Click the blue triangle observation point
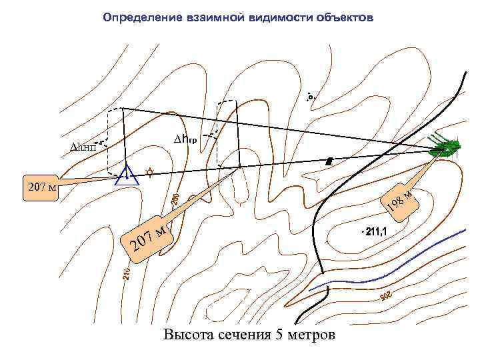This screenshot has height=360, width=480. [126, 176]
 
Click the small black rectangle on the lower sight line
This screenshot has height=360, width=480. [329, 161]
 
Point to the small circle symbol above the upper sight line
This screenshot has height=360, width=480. [310, 97]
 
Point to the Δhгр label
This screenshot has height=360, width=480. [195, 139]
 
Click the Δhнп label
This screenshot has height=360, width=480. [83, 147]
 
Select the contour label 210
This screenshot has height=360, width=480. [125, 273]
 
